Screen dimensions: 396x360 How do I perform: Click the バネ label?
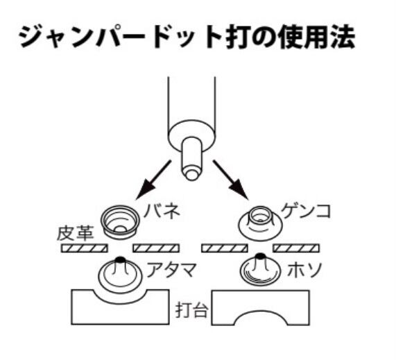click(x=162, y=211)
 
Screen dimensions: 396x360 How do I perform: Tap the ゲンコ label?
click(x=306, y=211)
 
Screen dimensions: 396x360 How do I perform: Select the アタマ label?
click(x=171, y=270)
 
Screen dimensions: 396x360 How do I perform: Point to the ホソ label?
click(x=305, y=270)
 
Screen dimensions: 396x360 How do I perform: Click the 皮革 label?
click(x=76, y=233)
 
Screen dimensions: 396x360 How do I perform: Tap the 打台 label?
click(x=192, y=310)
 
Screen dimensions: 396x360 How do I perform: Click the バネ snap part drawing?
click(x=120, y=222)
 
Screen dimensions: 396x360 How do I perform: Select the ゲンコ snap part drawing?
click(x=260, y=223)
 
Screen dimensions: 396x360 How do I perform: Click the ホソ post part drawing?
click(x=260, y=271)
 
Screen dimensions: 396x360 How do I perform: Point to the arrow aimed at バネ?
click(x=153, y=180)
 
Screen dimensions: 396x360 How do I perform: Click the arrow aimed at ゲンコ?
click(x=230, y=180)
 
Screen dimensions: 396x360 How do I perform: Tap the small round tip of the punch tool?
click(x=191, y=174)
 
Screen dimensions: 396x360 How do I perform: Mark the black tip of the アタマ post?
click(x=120, y=259)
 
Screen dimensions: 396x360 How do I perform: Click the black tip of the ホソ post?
click(x=259, y=257)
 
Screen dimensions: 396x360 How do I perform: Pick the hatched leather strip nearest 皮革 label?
click(x=85, y=248)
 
